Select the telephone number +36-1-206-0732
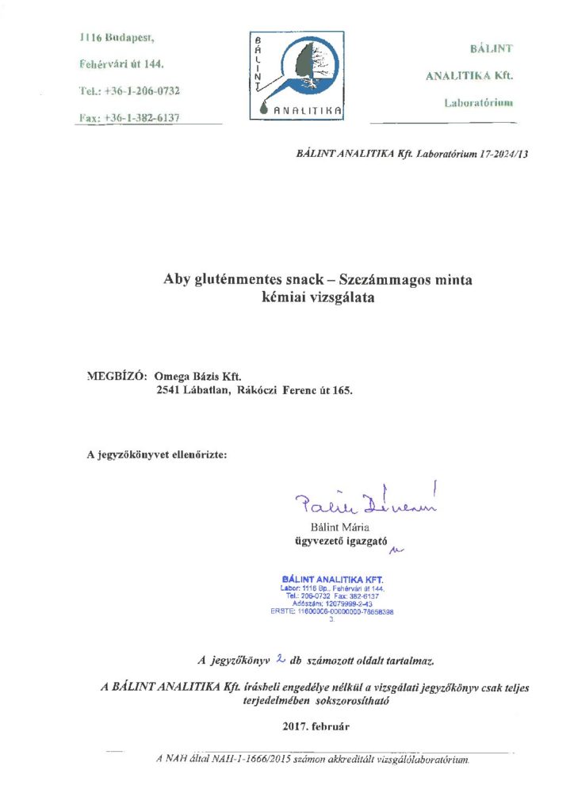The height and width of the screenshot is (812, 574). click(142, 91)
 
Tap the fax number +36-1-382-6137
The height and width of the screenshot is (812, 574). click(143, 117)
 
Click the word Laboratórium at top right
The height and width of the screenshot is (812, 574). click(478, 103)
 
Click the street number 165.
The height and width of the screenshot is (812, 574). click(341, 390)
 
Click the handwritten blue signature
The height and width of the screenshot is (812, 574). click(365, 500)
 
